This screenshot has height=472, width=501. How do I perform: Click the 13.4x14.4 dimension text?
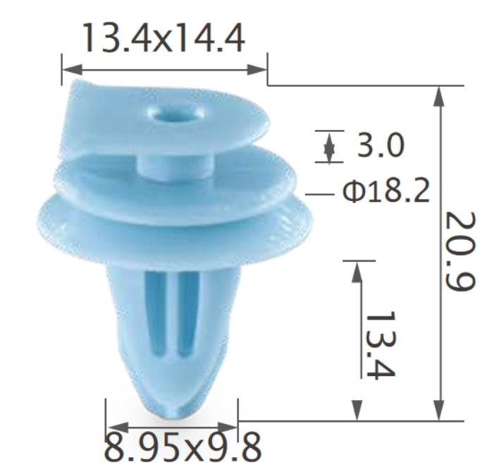(x=163, y=38)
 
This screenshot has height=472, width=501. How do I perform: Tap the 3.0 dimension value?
(x=381, y=146)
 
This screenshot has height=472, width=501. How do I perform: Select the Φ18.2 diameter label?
(x=385, y=191)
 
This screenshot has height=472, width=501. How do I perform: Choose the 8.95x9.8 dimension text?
(x=182, y=446)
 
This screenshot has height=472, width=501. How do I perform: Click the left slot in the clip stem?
(x=159, y=310)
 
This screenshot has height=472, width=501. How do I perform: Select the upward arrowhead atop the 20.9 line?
(x=440, y=95)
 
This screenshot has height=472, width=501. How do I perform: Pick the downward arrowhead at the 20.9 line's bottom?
(x=440, y=411)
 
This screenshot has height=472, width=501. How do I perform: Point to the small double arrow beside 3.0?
(x=329, y=147)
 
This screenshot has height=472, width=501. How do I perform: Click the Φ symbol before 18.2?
(x=352, y=192)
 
